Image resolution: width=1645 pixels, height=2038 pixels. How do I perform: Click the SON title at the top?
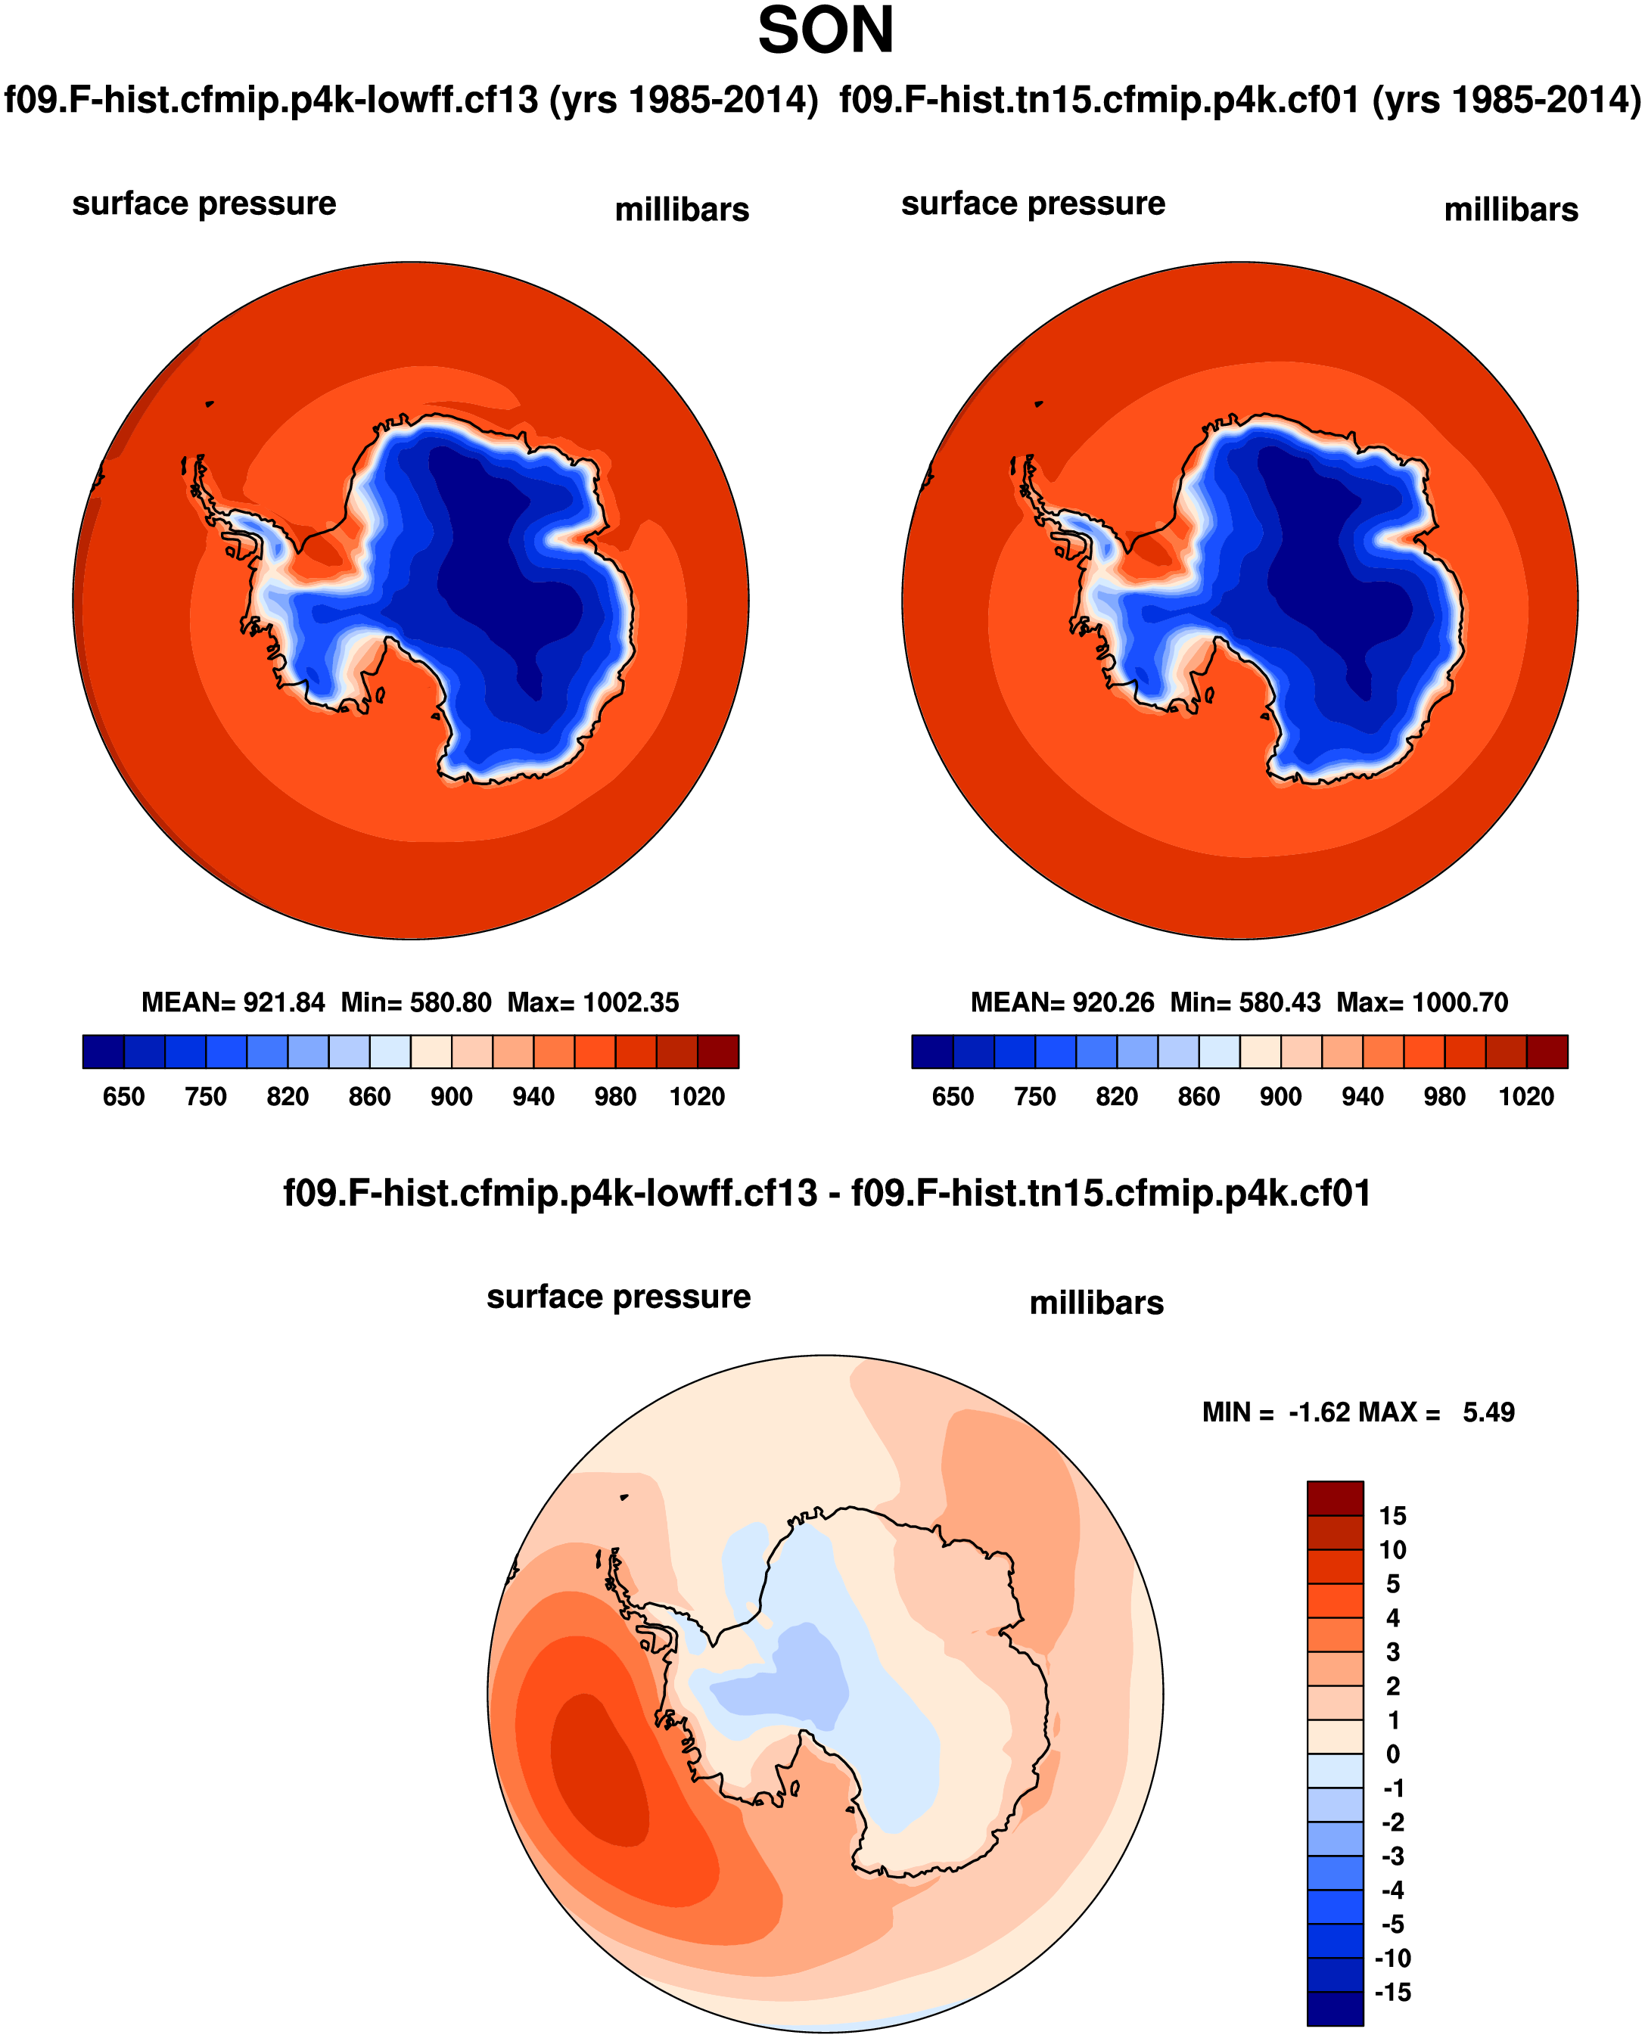coord(825,31)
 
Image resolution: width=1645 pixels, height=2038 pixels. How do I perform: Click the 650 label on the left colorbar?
coord(123,1096)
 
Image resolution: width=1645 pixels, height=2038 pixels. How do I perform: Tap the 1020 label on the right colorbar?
coord(1525,1096)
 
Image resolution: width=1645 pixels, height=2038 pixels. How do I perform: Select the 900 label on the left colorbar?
coord(451,1096)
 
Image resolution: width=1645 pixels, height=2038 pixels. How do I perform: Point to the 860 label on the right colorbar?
coord(1198,1096)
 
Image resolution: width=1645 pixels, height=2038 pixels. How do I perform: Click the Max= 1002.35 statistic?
coord(593,1002)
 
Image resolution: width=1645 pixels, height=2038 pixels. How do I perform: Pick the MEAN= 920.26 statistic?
coord(1062,1002)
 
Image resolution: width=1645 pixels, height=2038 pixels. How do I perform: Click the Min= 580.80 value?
coord(416,1002)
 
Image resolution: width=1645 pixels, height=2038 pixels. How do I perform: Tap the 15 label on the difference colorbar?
coord(1392,1516)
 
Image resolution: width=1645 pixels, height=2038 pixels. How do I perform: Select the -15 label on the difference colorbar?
coord(1392,1993)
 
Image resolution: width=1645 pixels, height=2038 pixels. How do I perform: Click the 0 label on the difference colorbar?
coord(1392,1754)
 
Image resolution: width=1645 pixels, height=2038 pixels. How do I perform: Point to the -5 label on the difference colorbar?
coord(1392,1925)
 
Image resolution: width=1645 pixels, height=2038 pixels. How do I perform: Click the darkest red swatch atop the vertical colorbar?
coord(1334,1499)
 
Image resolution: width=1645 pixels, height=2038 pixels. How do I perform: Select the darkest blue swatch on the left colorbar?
coord(104,1052)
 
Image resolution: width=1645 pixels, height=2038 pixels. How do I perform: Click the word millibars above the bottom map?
coord(1096,1303)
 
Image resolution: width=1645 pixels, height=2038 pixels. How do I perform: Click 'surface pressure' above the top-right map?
coord(1033,203)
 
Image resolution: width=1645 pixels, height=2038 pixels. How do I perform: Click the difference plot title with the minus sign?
coord(826,1193)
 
